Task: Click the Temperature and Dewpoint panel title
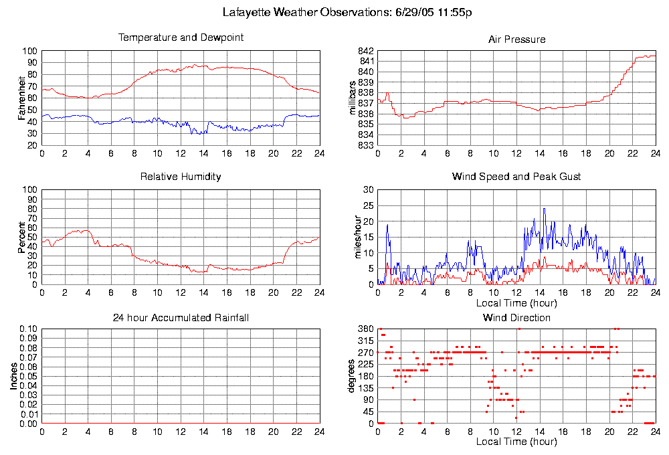[x=181, y=37]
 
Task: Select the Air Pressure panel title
[x=516, y=39]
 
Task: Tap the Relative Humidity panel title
[x=181, y=177]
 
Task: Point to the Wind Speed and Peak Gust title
[x=516, y=177]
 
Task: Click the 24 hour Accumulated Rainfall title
[x=181, y=317]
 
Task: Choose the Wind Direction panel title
[x=516, y=317]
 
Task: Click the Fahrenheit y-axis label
[x=22, y=98]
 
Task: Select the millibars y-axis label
[x=354, y=98]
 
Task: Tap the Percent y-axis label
[x=22, y=237]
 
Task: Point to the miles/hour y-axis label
[x=354, y=237]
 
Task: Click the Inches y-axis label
[x=13, y=376]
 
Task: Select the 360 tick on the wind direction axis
[x=365, y=329]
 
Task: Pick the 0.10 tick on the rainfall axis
[x=29, y=329]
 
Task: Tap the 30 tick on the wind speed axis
[x=367, y=189]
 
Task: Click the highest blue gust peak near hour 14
[x=544, y=208]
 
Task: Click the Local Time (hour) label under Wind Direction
[x=516, y=442]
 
